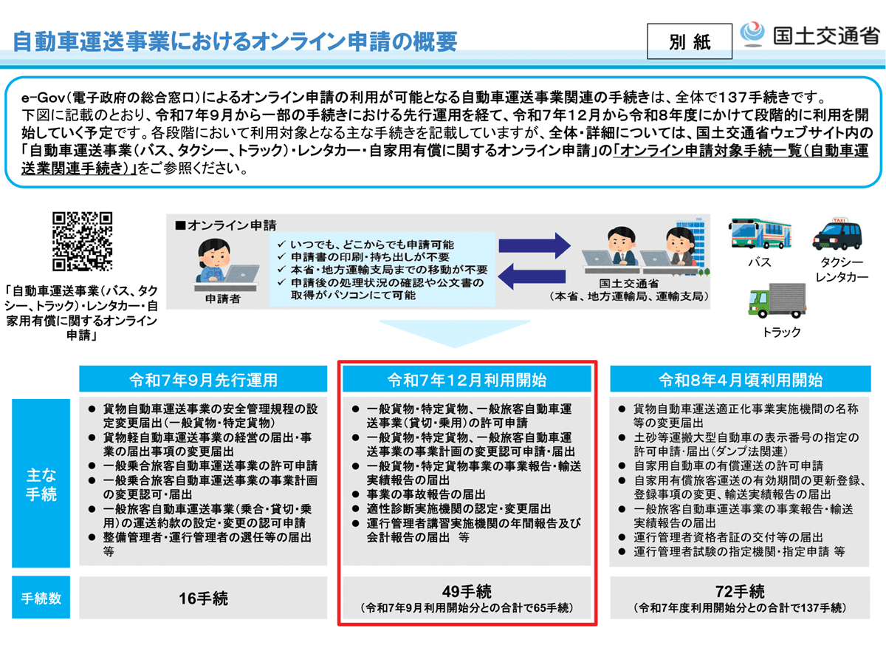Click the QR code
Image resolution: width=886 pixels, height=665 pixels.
coord(82,242)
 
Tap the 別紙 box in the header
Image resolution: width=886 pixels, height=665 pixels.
coord(690,42)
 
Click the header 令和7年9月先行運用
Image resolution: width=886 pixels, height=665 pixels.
coord(203,380)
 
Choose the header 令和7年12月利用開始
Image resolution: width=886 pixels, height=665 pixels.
coord(467,380)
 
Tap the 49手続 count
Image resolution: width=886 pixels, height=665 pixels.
coord(467,591)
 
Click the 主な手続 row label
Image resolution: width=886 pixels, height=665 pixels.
coord(41,485)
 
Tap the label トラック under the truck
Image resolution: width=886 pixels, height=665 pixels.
coord(781,332)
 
